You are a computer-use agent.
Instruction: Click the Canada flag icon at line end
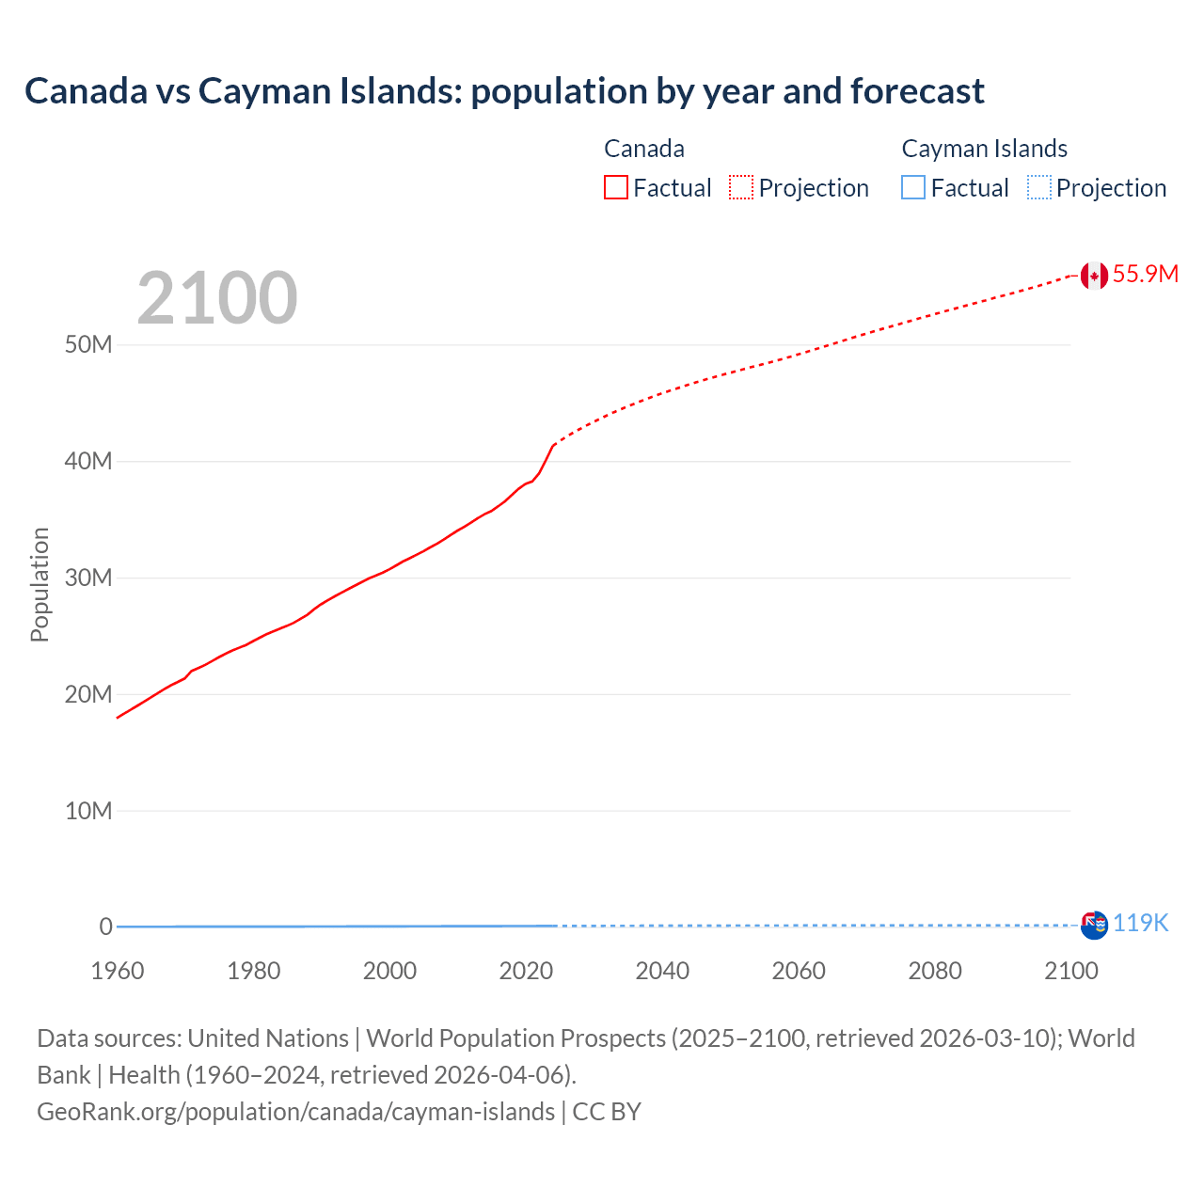1094,276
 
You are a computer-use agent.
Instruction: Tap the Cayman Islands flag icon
1094,926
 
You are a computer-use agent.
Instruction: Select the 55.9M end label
1146,274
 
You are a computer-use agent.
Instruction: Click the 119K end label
1141,924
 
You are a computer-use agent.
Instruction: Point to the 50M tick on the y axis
88,344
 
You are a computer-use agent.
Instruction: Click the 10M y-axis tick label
88,811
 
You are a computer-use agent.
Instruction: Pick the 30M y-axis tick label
88,578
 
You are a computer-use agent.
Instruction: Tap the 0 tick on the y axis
105,927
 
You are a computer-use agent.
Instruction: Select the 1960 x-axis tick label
118,971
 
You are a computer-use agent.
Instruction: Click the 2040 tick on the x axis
662,971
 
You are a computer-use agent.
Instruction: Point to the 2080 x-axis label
935,971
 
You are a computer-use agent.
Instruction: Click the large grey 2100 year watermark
217,298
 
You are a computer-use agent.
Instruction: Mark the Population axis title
40,585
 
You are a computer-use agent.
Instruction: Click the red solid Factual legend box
616,188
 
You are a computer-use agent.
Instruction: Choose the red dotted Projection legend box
741,188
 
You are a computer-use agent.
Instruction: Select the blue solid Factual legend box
913,188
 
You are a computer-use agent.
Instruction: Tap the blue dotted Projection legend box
1038,188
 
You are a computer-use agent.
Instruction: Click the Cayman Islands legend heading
984,149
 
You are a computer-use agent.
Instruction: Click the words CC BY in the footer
607,1112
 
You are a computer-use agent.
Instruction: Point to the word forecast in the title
917,91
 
